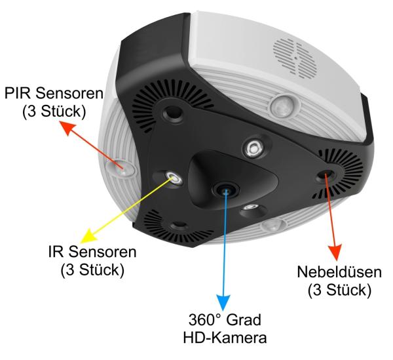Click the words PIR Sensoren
click(52, 96)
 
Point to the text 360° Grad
click(225, 322)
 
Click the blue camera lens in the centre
click(226, 189)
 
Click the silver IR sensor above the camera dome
click(252, 148)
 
